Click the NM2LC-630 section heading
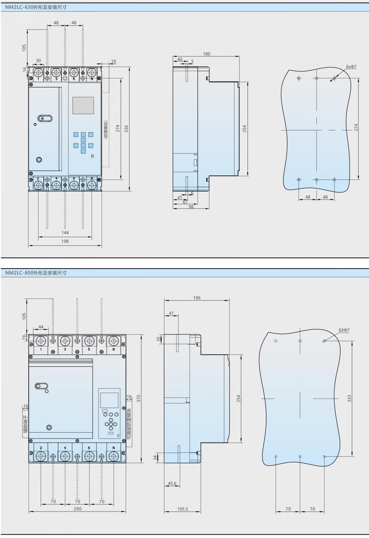click(x=36, y=7)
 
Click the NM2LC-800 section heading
click(x=36, y=273)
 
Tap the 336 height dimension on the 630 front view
click(x=126, y=129)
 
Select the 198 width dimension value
click(x=65, y=241)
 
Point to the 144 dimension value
click(x=65, y=232)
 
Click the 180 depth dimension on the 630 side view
click(x=206, y=54)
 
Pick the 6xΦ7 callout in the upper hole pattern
click(x=351, y=67)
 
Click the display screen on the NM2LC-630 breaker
click(x=83, y=105)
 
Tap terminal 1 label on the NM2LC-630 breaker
click(x=38, y=79)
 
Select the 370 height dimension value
click(x=138, y=398)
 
